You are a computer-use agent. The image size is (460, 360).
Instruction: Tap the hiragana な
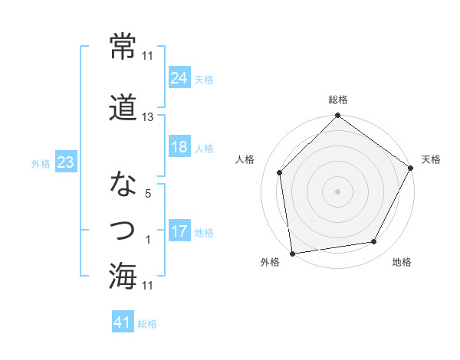pyautogui.click(x=124, y=185)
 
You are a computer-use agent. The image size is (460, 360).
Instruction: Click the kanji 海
pyautogui.click(x=124, y=275)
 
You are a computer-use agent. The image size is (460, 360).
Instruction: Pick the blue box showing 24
pyautogui.click(x=179, y=78)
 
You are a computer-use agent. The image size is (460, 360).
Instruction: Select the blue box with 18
pyautogui.click(x=179, y=147)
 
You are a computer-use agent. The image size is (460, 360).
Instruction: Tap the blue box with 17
pyautogui.click(x=179, y=231)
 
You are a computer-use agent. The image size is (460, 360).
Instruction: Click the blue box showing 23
pyautogui.click(x=66, y=162)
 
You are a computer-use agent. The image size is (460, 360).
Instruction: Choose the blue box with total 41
pyautogui.click(x=123, y=322)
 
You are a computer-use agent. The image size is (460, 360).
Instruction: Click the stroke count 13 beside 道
pyautogui.click(x=148, y=117)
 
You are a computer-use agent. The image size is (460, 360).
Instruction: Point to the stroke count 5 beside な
pyautogui.click(x=147, y=195)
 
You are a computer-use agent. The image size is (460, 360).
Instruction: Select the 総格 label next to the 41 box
pyautogui.click(x=147, y=324)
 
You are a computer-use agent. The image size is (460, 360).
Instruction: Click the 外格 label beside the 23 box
pyautogui.click(x=40, y=163)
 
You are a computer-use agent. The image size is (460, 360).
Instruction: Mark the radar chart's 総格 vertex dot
pyautogui.click(x=337, y=116)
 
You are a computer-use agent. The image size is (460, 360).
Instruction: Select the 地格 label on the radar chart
pyautogui.click(x=402, y=263)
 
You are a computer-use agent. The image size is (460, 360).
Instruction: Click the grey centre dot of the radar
pyautogui.click(x=337, y=191)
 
